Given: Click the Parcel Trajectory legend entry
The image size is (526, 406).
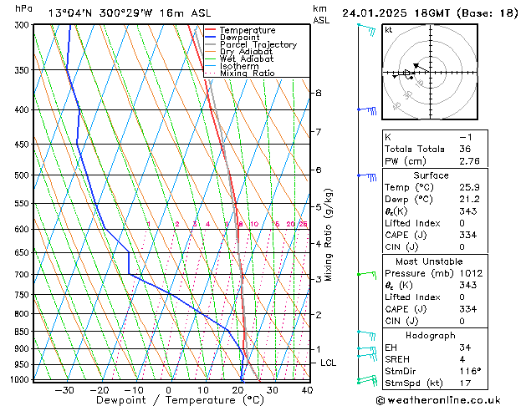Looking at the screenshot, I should (258, 44).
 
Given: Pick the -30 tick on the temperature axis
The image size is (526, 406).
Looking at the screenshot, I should (64, 390).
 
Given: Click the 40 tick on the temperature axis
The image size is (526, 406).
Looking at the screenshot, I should (307, 390).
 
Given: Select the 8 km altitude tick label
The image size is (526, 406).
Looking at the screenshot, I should (319, 93).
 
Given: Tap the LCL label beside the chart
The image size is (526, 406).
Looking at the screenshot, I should (329, 363).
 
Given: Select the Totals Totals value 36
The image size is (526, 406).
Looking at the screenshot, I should (466, 148).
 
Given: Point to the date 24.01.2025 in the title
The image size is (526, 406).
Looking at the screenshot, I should (375, 13).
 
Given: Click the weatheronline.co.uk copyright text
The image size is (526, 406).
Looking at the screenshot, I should (452, 398).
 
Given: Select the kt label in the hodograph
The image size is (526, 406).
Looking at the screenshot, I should (388, 30).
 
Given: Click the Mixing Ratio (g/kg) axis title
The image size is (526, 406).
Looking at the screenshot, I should (329, 235).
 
